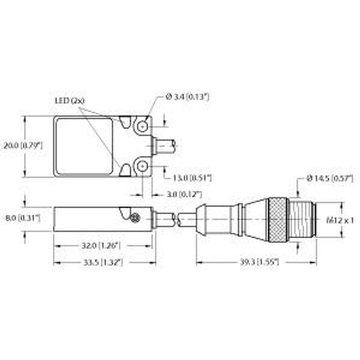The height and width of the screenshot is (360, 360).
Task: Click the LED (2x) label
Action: (71, 101)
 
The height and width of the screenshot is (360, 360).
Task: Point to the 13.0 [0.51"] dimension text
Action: (192, 178)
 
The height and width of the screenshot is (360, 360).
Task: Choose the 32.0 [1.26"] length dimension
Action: (101, 245)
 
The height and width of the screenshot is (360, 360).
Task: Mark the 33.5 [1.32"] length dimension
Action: (101, 262)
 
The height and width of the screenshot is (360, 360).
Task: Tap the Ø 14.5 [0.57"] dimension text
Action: (328, 178)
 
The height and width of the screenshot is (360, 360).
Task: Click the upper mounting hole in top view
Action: (142, 127)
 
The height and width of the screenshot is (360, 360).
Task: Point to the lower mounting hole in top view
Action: (142, 166)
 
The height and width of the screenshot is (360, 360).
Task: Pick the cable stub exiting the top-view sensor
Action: (164, 146)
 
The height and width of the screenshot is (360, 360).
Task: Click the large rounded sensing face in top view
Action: (84, 146)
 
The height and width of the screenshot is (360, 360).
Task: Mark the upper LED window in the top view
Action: (125, 122)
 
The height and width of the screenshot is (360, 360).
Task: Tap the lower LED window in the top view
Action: (125, 171)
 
